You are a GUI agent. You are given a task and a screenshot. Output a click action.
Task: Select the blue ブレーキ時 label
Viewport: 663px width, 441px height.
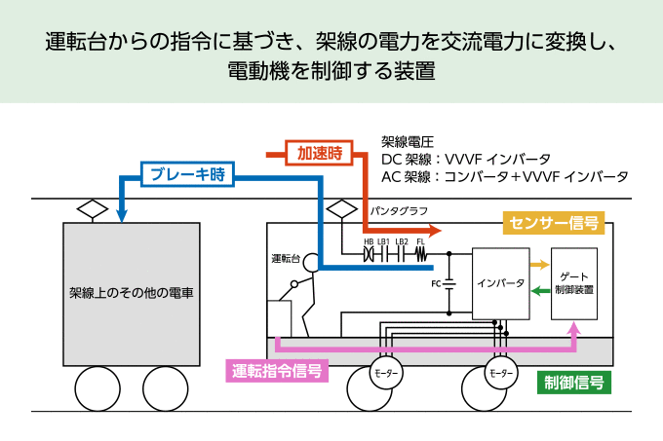pos(188,175)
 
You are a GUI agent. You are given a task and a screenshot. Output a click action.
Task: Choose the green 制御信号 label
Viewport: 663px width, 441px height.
pos(574,382)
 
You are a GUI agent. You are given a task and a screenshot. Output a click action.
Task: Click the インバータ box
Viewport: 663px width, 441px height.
pos(500,284)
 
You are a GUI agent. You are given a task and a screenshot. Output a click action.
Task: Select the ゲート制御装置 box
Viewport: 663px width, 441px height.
pos(574,283)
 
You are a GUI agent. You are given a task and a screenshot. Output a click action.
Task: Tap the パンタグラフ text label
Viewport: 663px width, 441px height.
pos(400,210)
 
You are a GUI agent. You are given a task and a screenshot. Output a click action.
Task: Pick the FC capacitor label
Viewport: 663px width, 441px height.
pos(436,284)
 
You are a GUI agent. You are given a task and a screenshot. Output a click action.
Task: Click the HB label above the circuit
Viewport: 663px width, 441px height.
pos(369,241)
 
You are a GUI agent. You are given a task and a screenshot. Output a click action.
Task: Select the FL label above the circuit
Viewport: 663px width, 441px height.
pos(420,241)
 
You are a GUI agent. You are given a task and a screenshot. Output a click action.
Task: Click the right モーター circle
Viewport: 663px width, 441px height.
pos(500,374)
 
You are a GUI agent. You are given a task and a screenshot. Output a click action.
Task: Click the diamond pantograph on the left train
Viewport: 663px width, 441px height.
pos(93,208)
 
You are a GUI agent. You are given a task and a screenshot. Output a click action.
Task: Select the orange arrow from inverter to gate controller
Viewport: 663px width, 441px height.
pos(538,264)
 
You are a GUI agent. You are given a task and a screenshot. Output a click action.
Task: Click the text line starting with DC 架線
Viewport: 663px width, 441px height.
pos(466,159)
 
